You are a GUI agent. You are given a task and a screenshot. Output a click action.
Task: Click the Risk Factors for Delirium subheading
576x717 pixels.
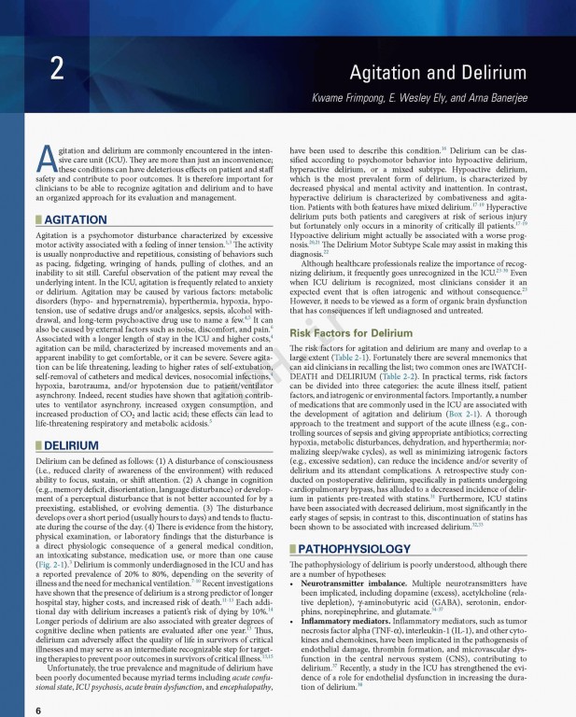351,333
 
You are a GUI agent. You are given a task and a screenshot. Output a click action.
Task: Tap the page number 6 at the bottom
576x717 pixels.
37,710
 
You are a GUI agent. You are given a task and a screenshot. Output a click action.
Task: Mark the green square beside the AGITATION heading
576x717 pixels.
37,219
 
